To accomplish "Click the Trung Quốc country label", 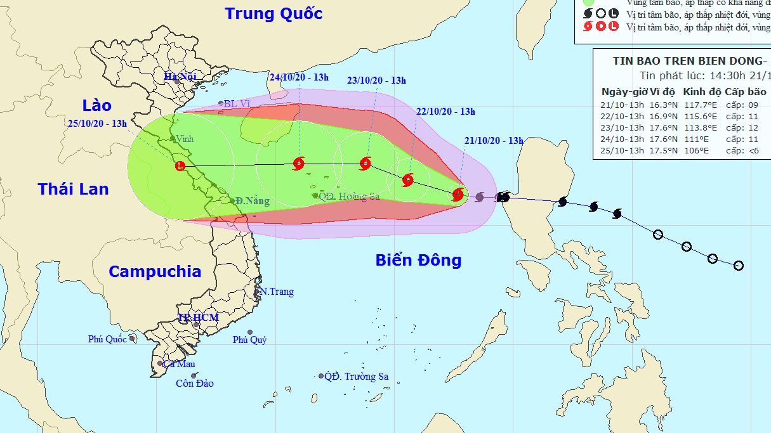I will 273,13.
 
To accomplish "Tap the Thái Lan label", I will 73,189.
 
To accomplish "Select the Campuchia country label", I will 155,271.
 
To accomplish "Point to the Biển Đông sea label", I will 418,260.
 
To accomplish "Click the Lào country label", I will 96,105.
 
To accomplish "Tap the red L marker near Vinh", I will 180,166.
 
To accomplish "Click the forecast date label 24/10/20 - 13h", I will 299,77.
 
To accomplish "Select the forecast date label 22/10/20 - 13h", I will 445,111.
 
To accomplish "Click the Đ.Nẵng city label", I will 252,201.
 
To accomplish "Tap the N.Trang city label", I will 277,292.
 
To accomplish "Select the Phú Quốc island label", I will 107,339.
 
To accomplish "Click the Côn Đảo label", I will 195,383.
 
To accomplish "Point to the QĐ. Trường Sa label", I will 356,377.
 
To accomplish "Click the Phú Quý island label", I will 249,340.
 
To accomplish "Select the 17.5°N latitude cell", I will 659,151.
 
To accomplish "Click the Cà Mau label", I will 178,364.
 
